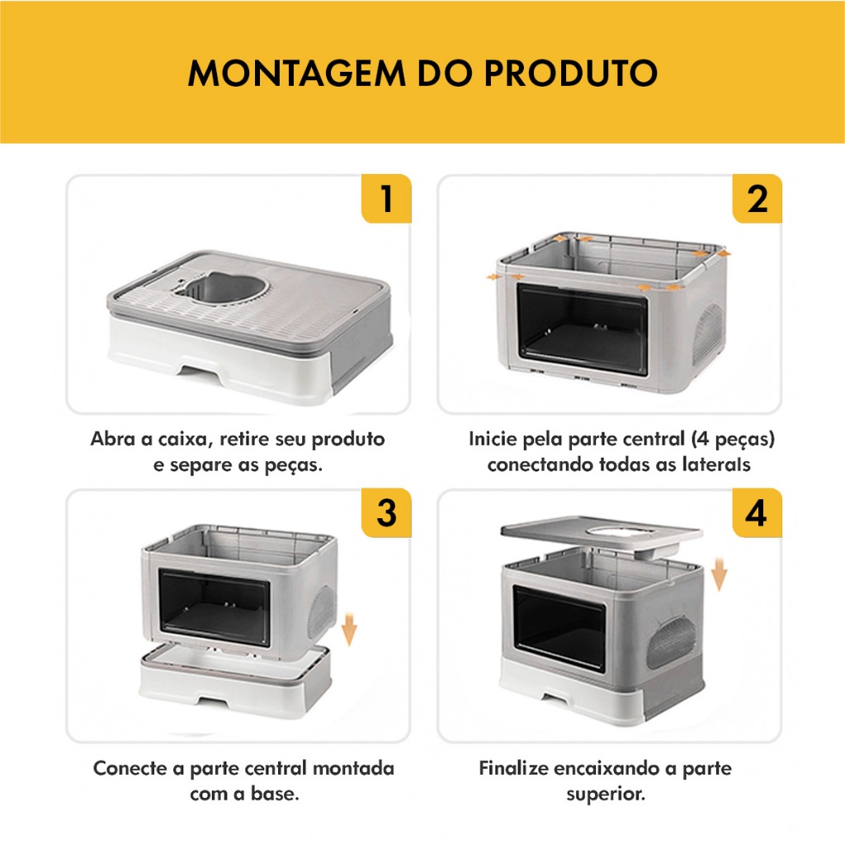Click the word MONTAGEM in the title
(296, 73)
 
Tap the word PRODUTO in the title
(571, 73)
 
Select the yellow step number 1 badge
(386, 198)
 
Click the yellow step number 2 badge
(758, 198)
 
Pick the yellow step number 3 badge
(386, 512)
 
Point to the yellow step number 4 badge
(756, 512)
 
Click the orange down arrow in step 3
(349, 629)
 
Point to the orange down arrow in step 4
(719, 575)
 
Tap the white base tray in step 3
(235, 681)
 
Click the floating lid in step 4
(602, 536)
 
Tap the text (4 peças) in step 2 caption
(733, 440)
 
